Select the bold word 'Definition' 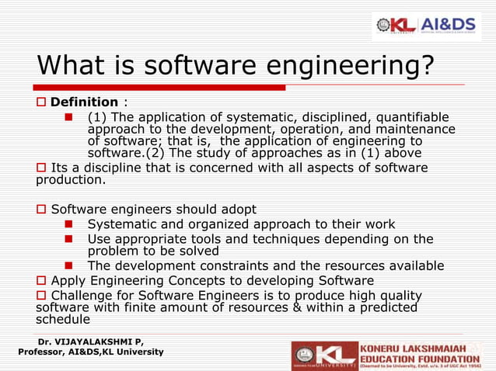pyautogui.click(x=84, y=102)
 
